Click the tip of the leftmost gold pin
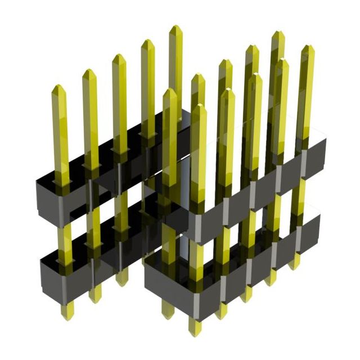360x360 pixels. point(58,88)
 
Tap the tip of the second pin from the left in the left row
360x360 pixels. point(88,72)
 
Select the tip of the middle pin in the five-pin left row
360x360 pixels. point(119,57)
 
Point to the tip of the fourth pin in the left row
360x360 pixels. point(147,42)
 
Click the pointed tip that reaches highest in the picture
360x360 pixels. point(175,28)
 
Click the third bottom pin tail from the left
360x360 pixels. point(121,277)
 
